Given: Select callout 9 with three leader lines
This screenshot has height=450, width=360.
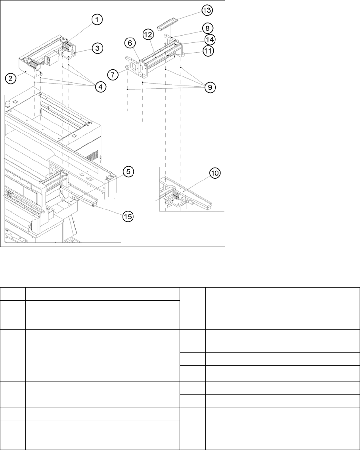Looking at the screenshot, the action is click(x=210, y=87).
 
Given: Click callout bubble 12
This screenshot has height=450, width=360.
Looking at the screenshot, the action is click(x=148, y=35).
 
